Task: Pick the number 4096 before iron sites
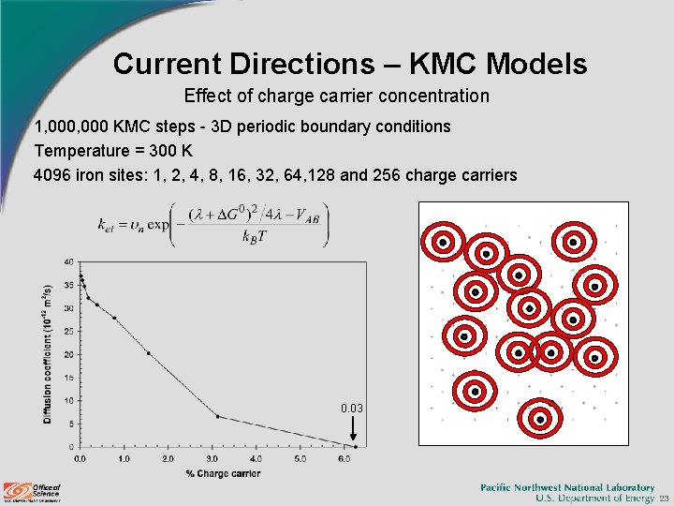pos(51,175)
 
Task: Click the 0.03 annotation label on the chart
pos(352,409)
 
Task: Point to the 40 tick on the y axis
pos(68,261)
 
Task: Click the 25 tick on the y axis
pos(68,331)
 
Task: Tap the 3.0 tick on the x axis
pos(212,459)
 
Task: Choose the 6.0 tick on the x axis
pos(344,459)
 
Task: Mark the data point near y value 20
pos(148,353)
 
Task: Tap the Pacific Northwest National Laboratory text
pos(567,486)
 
